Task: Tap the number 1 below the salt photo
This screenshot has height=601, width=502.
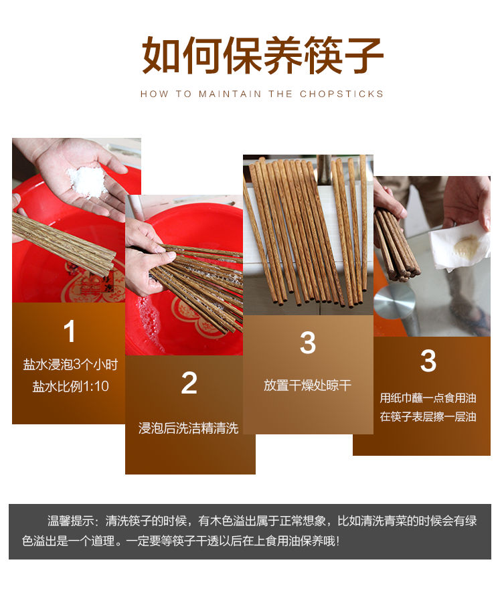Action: tap(70, 331)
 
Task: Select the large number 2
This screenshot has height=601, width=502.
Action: tap(189, 383)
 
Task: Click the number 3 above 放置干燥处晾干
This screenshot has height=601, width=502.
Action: tap(308, 343)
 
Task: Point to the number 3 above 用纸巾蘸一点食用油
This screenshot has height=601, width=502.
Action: tap(428, 361)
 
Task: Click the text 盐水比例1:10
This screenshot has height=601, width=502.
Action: tap(70, 386)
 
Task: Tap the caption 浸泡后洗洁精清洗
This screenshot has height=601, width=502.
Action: tap(189, 428)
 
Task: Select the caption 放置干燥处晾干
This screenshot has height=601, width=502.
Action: tap(307, 385)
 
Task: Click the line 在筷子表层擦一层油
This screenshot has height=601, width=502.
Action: tap(428, 416)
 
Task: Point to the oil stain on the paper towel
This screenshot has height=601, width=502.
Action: tap(467, 245)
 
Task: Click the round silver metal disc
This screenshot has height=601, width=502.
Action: tap(394, 301)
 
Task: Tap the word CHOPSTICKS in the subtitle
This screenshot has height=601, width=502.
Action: tap(341, 94)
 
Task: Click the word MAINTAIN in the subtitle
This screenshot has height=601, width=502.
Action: tap(230, 94)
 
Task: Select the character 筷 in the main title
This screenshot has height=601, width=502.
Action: tap(323, 56)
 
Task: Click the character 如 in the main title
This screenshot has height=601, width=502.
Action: tap(161, 56)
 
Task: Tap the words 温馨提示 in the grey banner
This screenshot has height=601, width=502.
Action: tap(70, 521)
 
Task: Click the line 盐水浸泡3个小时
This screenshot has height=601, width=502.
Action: tap(70, 364)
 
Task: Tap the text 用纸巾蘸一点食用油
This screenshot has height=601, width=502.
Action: tap(428, 398)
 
